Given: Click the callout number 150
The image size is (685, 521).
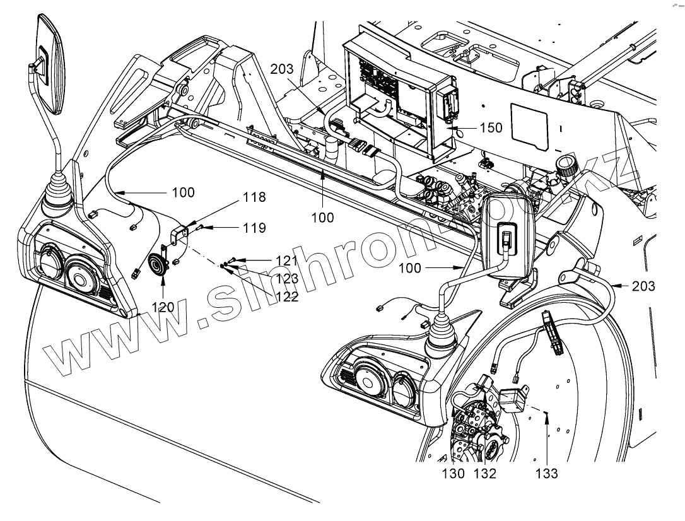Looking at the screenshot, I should point(490,128).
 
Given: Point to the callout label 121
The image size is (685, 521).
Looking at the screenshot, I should point(286,260).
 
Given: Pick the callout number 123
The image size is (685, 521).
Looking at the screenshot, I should point(286,278).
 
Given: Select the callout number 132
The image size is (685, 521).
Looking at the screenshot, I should point(484,473).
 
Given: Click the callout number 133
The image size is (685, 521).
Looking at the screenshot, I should point(546,473).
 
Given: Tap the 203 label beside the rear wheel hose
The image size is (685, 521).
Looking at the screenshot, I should point(643,287).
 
